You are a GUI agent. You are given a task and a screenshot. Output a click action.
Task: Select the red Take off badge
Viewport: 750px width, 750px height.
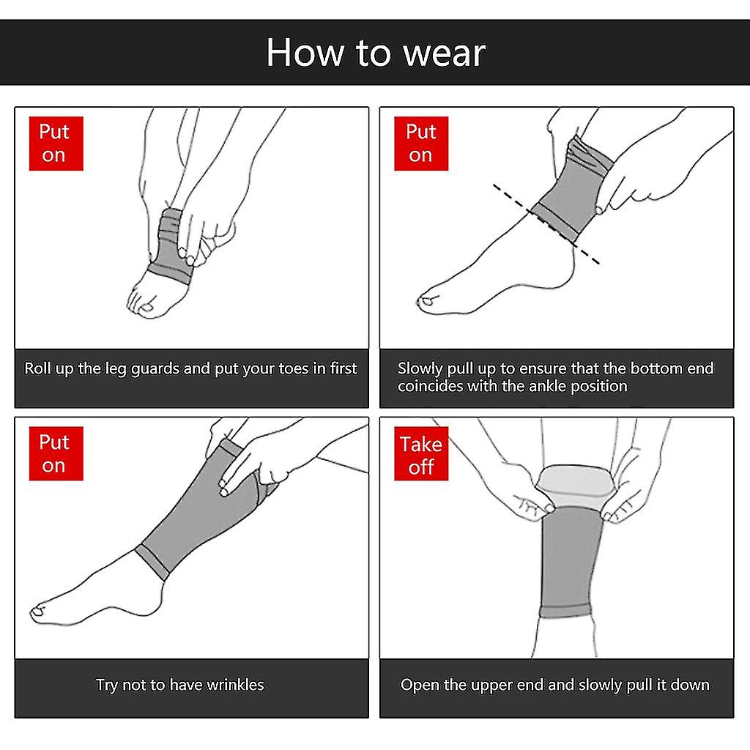click(x=421, y=456)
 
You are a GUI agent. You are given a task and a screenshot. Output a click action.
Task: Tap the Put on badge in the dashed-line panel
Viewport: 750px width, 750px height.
click(x=420, y=144)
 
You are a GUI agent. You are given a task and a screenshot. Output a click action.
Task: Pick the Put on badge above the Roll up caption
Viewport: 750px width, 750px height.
click(x=55, y=144)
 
